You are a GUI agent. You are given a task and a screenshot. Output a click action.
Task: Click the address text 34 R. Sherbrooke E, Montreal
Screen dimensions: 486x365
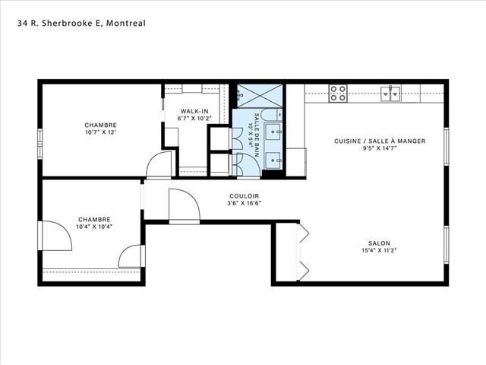[x=81, y=24]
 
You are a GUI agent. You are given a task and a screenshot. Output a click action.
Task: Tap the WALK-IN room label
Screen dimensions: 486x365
[x=194, y=111]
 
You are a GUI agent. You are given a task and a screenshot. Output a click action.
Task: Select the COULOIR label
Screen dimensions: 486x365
[x=245, y=196]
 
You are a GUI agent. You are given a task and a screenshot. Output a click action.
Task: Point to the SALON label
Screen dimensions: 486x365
[x=379, y=243]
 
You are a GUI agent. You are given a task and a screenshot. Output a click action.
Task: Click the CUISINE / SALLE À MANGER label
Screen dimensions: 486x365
[x=380, y=141]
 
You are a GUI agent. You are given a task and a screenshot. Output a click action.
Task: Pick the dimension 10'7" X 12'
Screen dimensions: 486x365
[x=101, y=132]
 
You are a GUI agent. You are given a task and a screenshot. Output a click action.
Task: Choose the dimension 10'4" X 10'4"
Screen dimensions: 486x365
[x=94, y=227]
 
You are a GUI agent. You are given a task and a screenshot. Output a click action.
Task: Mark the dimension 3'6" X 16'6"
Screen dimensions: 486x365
[x=245, y=203]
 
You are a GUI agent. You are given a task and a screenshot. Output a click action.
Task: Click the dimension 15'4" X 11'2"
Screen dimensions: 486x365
[x=379, y=250]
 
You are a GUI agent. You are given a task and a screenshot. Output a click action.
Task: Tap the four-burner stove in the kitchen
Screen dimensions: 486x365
[x=338, y=94]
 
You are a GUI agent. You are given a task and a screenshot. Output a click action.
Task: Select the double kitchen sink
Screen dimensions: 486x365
[x=390, y=94]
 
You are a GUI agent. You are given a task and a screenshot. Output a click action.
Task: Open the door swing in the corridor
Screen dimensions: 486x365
[x=185, y=206]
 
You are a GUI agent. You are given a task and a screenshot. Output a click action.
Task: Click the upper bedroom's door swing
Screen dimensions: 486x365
[x=159, y=165]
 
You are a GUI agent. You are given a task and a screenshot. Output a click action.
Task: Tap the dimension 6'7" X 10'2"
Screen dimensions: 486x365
[x=194, y=119]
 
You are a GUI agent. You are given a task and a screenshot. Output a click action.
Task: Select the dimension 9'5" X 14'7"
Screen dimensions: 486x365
[x=380, y=148]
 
